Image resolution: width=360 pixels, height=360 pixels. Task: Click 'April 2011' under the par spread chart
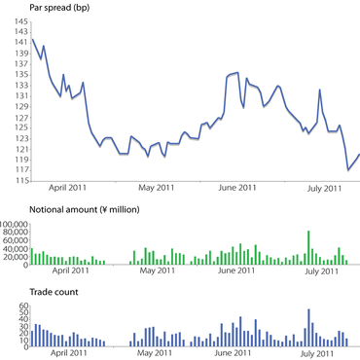point(71,187)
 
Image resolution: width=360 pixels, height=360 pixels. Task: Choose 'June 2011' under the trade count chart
point(239,355)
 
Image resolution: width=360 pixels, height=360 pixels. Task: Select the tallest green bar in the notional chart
point(308,247)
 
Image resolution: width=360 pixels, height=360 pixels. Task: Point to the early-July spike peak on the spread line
point(321,90)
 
